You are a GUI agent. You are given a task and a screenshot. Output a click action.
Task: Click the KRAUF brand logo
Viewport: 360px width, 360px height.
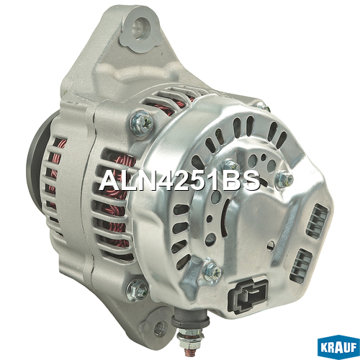[338, 347]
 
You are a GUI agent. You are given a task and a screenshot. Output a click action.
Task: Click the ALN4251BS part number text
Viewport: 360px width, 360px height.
[180, 181]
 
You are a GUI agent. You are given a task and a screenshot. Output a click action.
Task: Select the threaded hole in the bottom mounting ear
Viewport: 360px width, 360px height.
[161, 327]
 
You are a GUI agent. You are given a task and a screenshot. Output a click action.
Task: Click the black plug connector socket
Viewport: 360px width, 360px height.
[248, 297]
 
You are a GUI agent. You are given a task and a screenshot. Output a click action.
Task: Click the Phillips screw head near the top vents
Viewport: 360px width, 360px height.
[142, 123]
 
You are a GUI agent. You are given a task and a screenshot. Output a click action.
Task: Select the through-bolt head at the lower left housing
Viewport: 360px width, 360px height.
[138, 290]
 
